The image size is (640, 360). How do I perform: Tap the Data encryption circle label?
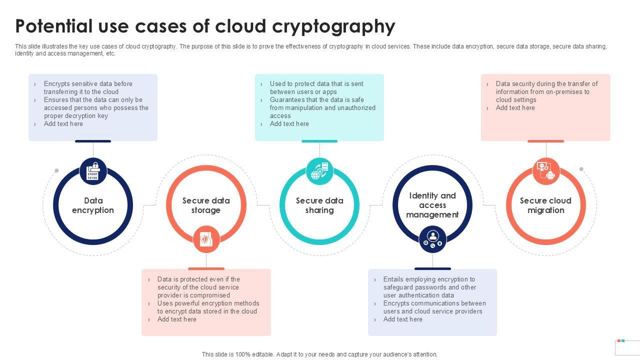tap(93, 205)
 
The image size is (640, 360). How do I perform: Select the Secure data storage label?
tap(206, 205)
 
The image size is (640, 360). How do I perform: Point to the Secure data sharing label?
tap(319, 205)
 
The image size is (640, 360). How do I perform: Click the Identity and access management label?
tap(432, 205)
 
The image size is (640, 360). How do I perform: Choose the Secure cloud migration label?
tap(545, 205)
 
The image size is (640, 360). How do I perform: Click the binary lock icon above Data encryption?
tap(93, 171)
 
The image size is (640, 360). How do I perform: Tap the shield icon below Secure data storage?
tap(206, 239)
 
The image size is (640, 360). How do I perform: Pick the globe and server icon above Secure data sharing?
tap(319, 171)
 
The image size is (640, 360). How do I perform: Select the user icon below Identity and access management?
tap(432, 239)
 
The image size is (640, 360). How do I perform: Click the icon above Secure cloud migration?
tap(545, 171)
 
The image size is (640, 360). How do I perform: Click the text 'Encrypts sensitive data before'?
tap(88, 84)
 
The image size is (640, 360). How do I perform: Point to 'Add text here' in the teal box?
tap(289, 124)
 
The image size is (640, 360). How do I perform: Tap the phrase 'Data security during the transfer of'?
tap(546, 84)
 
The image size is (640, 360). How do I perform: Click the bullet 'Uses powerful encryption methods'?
tap(208, 303)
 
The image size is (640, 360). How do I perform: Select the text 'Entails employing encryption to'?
tap(429, 279)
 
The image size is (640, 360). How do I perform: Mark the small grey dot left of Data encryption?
tap(56, 170)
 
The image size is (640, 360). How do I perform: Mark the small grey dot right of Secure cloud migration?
tap(581, 169)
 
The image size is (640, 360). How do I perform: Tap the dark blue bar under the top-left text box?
tap(93, 141)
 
